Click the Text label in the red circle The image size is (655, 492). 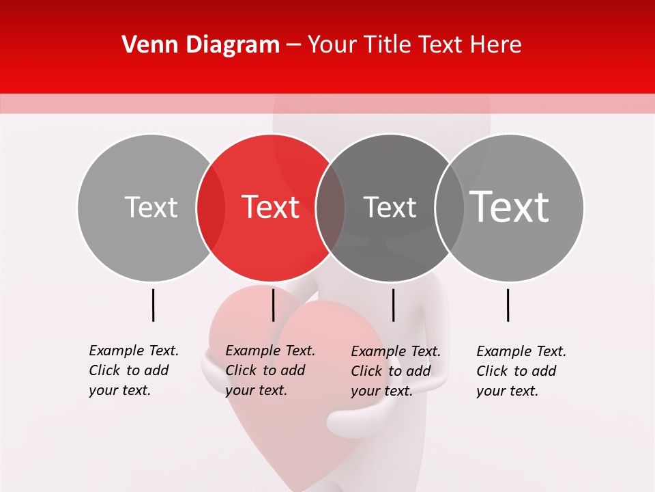pos(271,207)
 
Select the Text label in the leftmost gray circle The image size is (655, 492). pos(151,207)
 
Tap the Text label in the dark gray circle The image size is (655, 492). pos(390,207)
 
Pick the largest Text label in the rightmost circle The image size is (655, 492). pos(510,206)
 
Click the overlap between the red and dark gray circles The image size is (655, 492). pos(330,208)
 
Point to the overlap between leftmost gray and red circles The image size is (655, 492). pos(211,208)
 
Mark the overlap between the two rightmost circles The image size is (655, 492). pos(450,208)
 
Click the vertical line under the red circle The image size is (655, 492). pos(273,305)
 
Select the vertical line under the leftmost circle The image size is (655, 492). pos(153,305)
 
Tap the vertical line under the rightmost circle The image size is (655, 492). pos(508,305)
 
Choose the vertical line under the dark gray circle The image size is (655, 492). pos(393,305)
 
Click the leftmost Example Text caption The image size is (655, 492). pos(133,370)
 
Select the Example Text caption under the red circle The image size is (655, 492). pos(270,370)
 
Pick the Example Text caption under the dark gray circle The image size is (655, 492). pos(395,371)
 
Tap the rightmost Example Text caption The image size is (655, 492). pos(521,371)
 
